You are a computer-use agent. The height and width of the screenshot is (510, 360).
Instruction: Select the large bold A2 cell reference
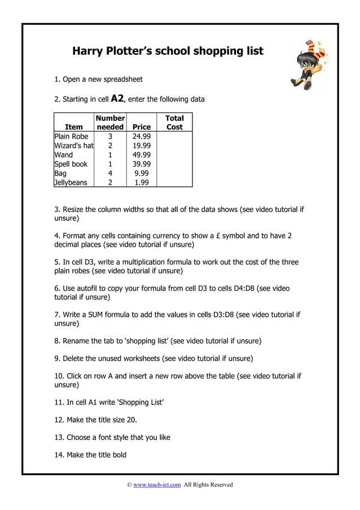117,98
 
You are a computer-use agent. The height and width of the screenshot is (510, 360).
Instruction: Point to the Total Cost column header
174,123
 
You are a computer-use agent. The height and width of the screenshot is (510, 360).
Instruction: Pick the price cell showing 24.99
141,137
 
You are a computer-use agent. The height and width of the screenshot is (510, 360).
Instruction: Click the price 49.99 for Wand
141,155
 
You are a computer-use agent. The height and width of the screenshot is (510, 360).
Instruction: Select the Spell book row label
71,164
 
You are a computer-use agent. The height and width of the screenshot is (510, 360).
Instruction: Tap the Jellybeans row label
71,182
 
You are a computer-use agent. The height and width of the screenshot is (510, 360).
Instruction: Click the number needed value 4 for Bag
110,173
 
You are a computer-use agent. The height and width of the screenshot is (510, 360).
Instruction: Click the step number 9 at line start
56,358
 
